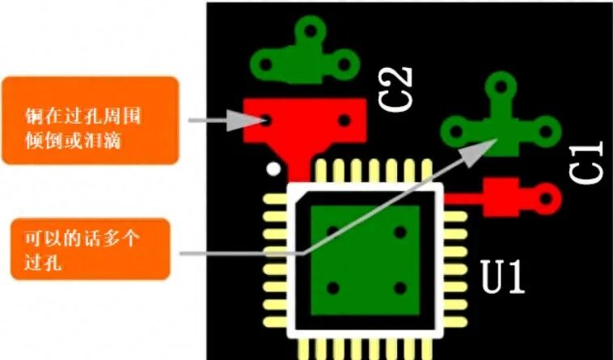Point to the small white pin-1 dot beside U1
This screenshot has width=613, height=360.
click(275, 169)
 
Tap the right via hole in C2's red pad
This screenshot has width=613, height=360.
click(345, 121)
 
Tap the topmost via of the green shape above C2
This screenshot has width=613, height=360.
click(308, 32)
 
